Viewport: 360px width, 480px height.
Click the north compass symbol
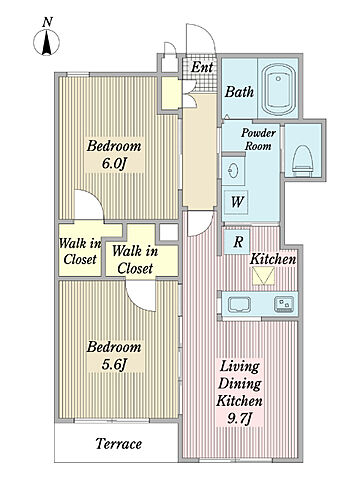47,41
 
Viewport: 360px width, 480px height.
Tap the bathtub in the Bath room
279,89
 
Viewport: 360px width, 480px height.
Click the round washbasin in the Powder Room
233,171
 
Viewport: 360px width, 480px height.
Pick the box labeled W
237,202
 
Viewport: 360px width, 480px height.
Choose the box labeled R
238,242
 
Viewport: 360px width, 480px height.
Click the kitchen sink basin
239,304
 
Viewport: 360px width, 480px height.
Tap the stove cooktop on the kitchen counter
284,304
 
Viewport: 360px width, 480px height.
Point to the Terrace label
119,444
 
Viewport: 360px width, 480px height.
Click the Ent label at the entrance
202,67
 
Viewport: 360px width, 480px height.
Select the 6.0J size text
115,164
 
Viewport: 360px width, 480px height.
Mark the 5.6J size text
114,364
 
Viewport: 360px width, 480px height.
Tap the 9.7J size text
239,418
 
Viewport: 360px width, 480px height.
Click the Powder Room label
258,139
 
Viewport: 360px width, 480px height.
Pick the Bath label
239,92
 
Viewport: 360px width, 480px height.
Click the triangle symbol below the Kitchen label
263,276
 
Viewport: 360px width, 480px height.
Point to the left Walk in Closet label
80,251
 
